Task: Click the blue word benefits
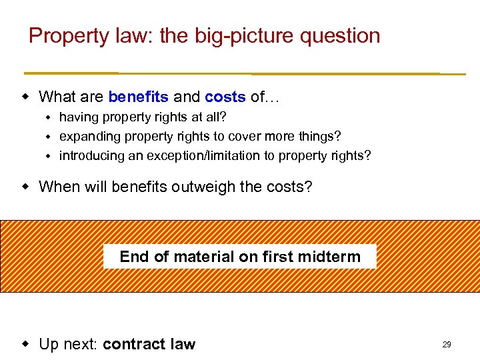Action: tap(138, 97)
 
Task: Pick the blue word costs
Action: tap(225, 97)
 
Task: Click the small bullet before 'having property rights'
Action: tap(48, 117)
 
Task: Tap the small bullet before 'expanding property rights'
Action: tap(48, 137)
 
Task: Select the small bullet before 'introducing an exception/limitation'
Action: tap(48, 156)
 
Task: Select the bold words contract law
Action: tap(149, 345)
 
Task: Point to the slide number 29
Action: tap(447, 345)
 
